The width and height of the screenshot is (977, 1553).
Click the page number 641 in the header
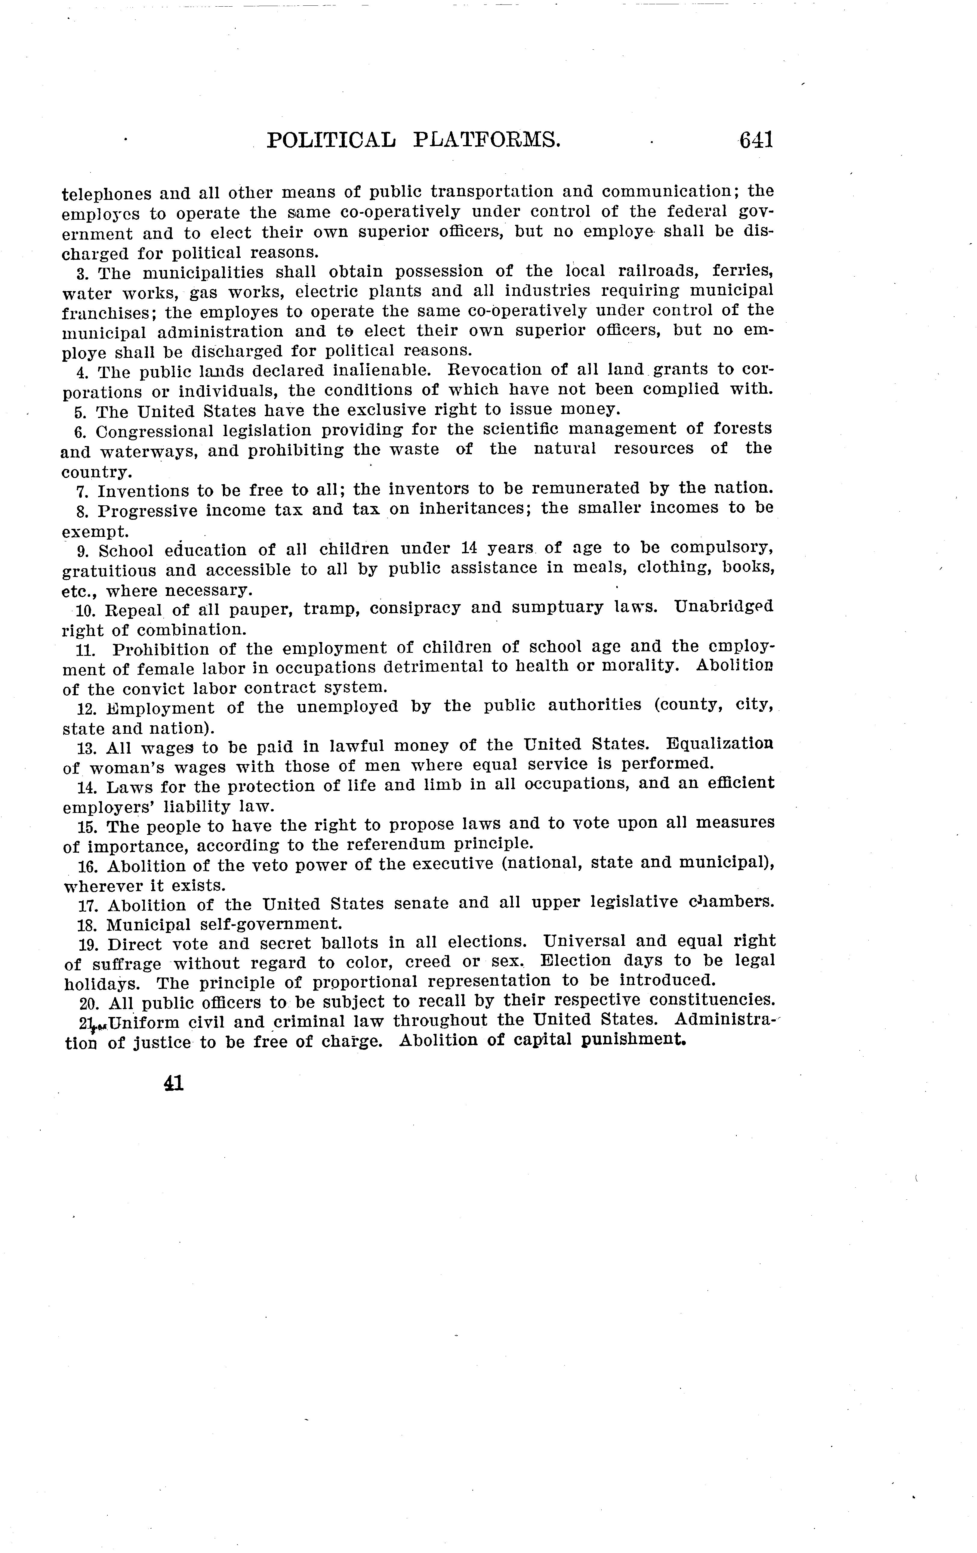[x=756, y=140]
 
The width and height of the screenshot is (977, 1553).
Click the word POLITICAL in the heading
[x=331, y=140]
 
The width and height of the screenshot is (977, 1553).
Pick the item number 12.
[x=86, y=709]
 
